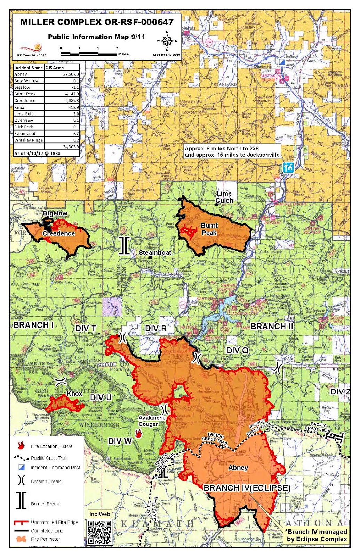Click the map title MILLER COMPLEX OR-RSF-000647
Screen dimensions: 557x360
click(x=97, y=22)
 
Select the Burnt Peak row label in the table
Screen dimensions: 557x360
click(x=25, y=94)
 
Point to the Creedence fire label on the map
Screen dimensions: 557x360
click(x=58, y=233)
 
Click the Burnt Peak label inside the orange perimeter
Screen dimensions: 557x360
click(x=209, y=229)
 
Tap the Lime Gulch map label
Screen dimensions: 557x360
click(x=224, y=197)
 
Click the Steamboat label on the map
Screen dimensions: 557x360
click(x=155, y=252)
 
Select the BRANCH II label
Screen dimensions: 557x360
click(x=272, y=327)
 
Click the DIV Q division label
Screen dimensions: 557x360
click(x=237, y=350)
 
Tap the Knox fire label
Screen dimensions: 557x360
click(x=74, y=393)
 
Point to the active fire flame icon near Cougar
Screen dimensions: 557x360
click(x=138, y=433)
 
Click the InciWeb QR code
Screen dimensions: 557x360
click(x=100, y=532)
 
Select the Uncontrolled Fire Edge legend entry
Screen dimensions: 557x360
click(x=54, y=522)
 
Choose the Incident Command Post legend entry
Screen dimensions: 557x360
click(x=55, y=468)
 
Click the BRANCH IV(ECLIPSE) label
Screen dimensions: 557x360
click(x=247, y=488)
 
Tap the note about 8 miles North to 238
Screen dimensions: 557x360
click(x=232, y=151)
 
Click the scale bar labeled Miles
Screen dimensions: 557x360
click(x=89, y=54)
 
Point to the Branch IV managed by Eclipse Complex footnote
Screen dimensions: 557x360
click(x=316, y=535)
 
